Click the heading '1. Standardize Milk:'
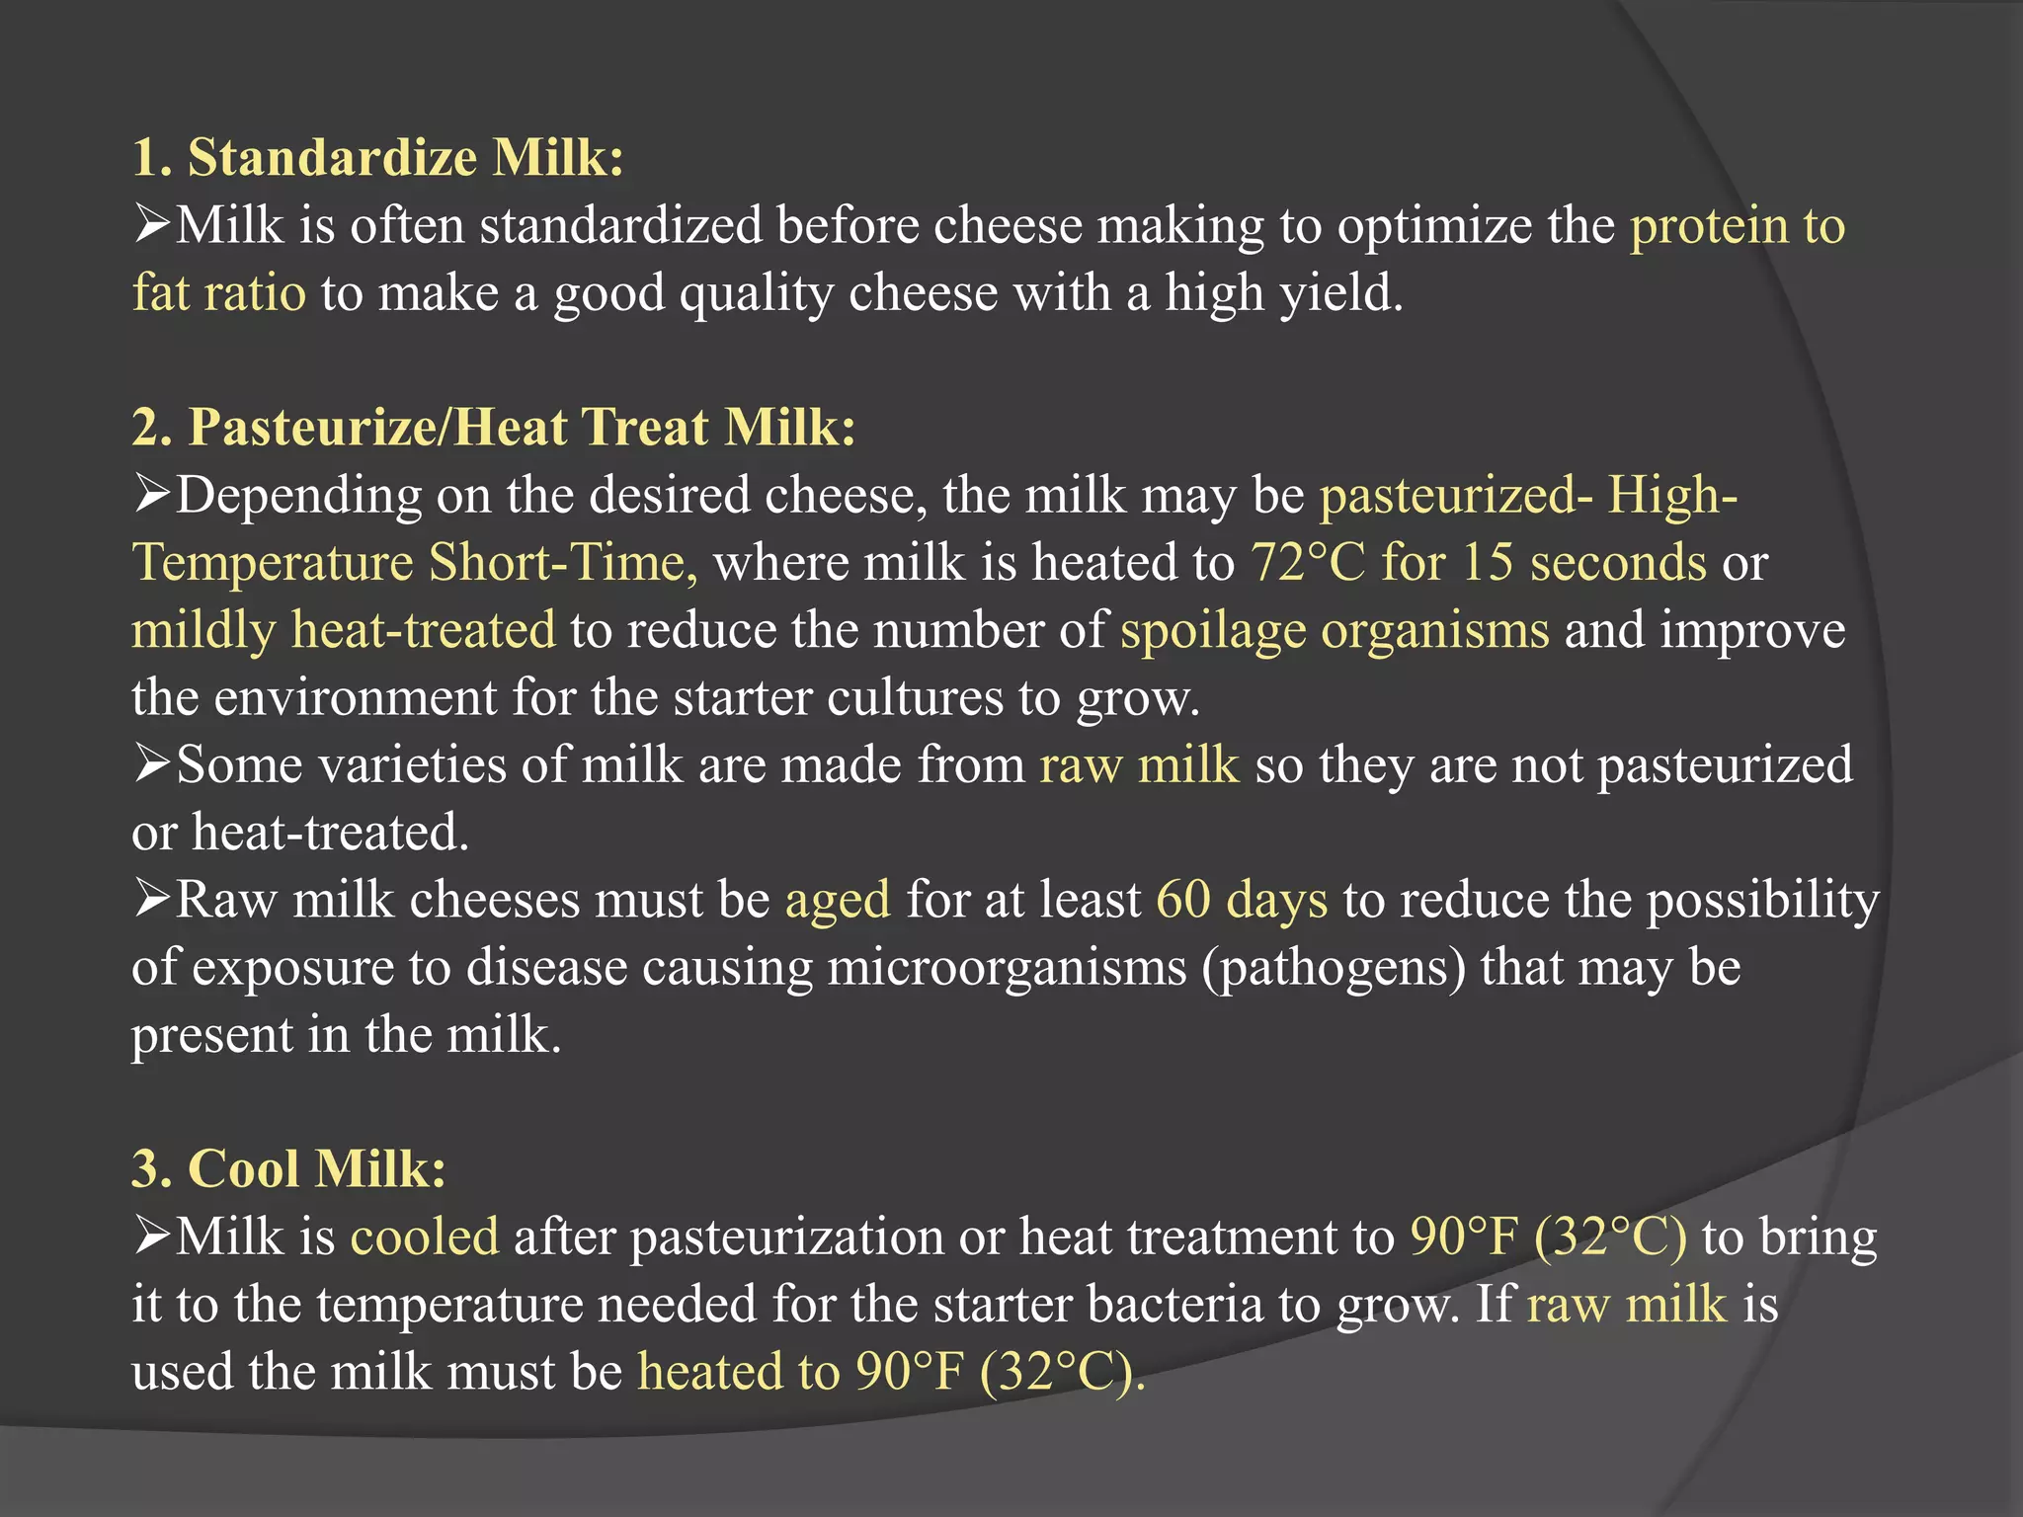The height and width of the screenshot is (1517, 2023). coord(378,158)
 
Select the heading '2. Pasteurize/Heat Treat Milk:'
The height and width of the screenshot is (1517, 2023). coord(494,428)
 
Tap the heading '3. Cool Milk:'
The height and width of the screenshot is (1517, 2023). coord(288,1168)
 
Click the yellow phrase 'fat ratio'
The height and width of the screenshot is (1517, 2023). coord(219,293)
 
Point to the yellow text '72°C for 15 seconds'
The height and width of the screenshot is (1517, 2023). coord(1478,563)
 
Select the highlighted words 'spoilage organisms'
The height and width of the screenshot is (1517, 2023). coord(1335,630)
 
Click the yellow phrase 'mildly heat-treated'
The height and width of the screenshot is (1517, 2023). coord(344,630)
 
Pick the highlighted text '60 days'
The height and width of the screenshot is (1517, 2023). coord(1241,900)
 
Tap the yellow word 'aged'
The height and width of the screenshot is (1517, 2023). coord(838,900)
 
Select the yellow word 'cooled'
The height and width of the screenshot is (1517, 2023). coord(425,1237)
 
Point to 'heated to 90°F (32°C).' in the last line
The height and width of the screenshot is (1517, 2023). coord(891,1372)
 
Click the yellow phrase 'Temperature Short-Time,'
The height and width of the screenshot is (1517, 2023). coord(415,563)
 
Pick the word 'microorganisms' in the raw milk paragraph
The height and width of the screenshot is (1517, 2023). coord(1007,968)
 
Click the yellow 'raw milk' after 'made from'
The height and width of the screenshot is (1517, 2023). coord(1139,765)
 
